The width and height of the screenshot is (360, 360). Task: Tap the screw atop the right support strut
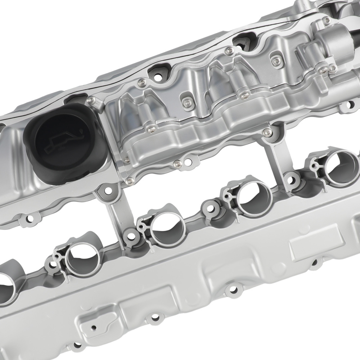[267, 132]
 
